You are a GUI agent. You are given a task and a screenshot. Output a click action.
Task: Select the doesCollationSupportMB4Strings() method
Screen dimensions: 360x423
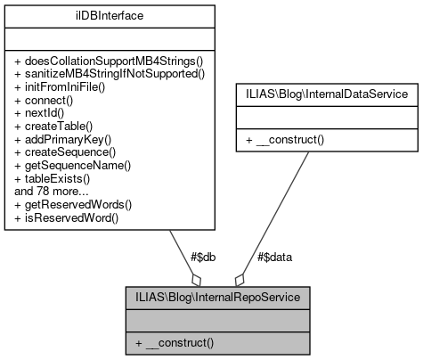click(x=110, y=60)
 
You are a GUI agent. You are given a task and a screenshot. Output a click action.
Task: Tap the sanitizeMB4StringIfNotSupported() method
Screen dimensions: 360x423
click(x=110, y=73)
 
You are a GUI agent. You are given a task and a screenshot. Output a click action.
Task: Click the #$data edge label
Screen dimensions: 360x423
click(x=274, y=256)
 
